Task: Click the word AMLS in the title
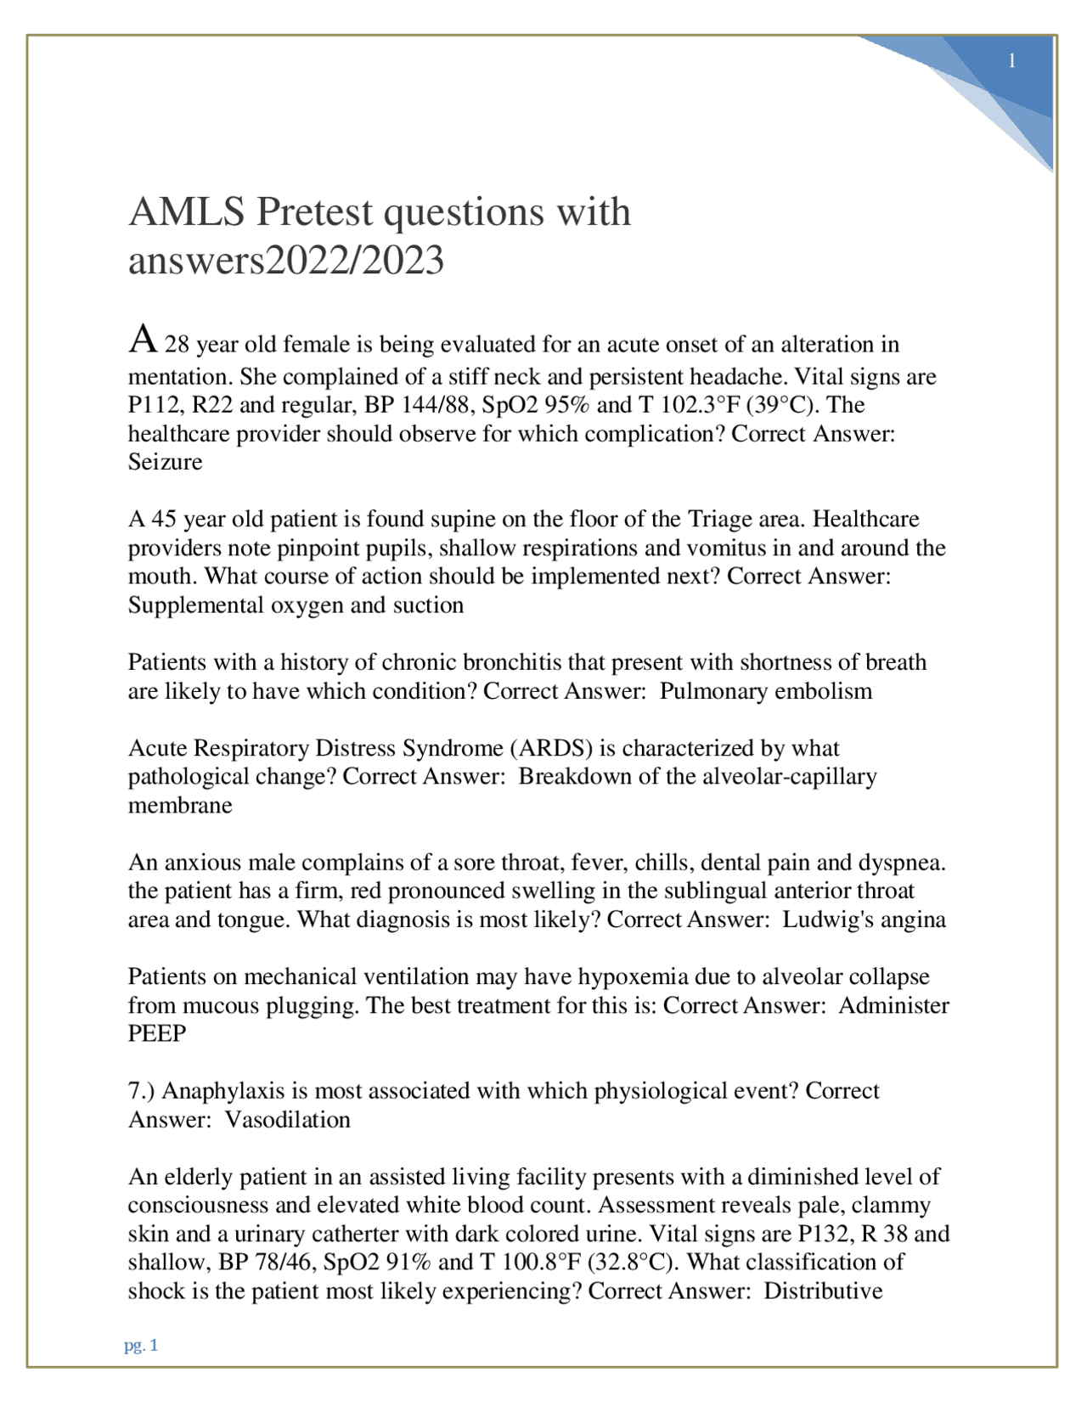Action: click(x=187, y=212)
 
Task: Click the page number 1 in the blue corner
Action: click(x=1011, y=61)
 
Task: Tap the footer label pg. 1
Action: click(x=141, y=1345)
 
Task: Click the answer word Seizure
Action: click(x=165, y=462)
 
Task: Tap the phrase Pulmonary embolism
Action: click(x=766, y=691)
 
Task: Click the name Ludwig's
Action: click(x=821, y=920)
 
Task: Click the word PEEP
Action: click(x=157, y=1034)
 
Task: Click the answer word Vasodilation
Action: click(x=288, y=1120)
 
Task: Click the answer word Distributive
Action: click(x=823, y=1291)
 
